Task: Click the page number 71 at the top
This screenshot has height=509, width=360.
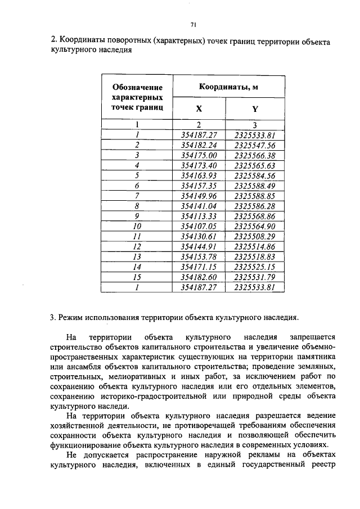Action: coord(193,25)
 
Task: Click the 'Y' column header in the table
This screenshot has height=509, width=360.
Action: coord(254,110)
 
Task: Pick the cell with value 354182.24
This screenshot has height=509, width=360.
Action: coord(199,145)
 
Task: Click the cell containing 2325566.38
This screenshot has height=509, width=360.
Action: coord(254,155)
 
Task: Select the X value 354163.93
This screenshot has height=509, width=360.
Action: coord(199,175)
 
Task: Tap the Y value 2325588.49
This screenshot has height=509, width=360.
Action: coord(254,186)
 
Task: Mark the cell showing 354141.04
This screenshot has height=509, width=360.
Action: coord(199,206)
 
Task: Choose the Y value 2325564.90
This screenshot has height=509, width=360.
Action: coord(254,226)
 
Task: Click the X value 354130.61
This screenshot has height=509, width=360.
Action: coord(199,236)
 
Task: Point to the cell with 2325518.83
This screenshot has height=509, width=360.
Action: coord(254,256)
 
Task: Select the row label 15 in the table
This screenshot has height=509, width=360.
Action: coord(137,277)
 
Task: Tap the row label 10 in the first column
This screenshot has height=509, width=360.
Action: coord(137,226)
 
